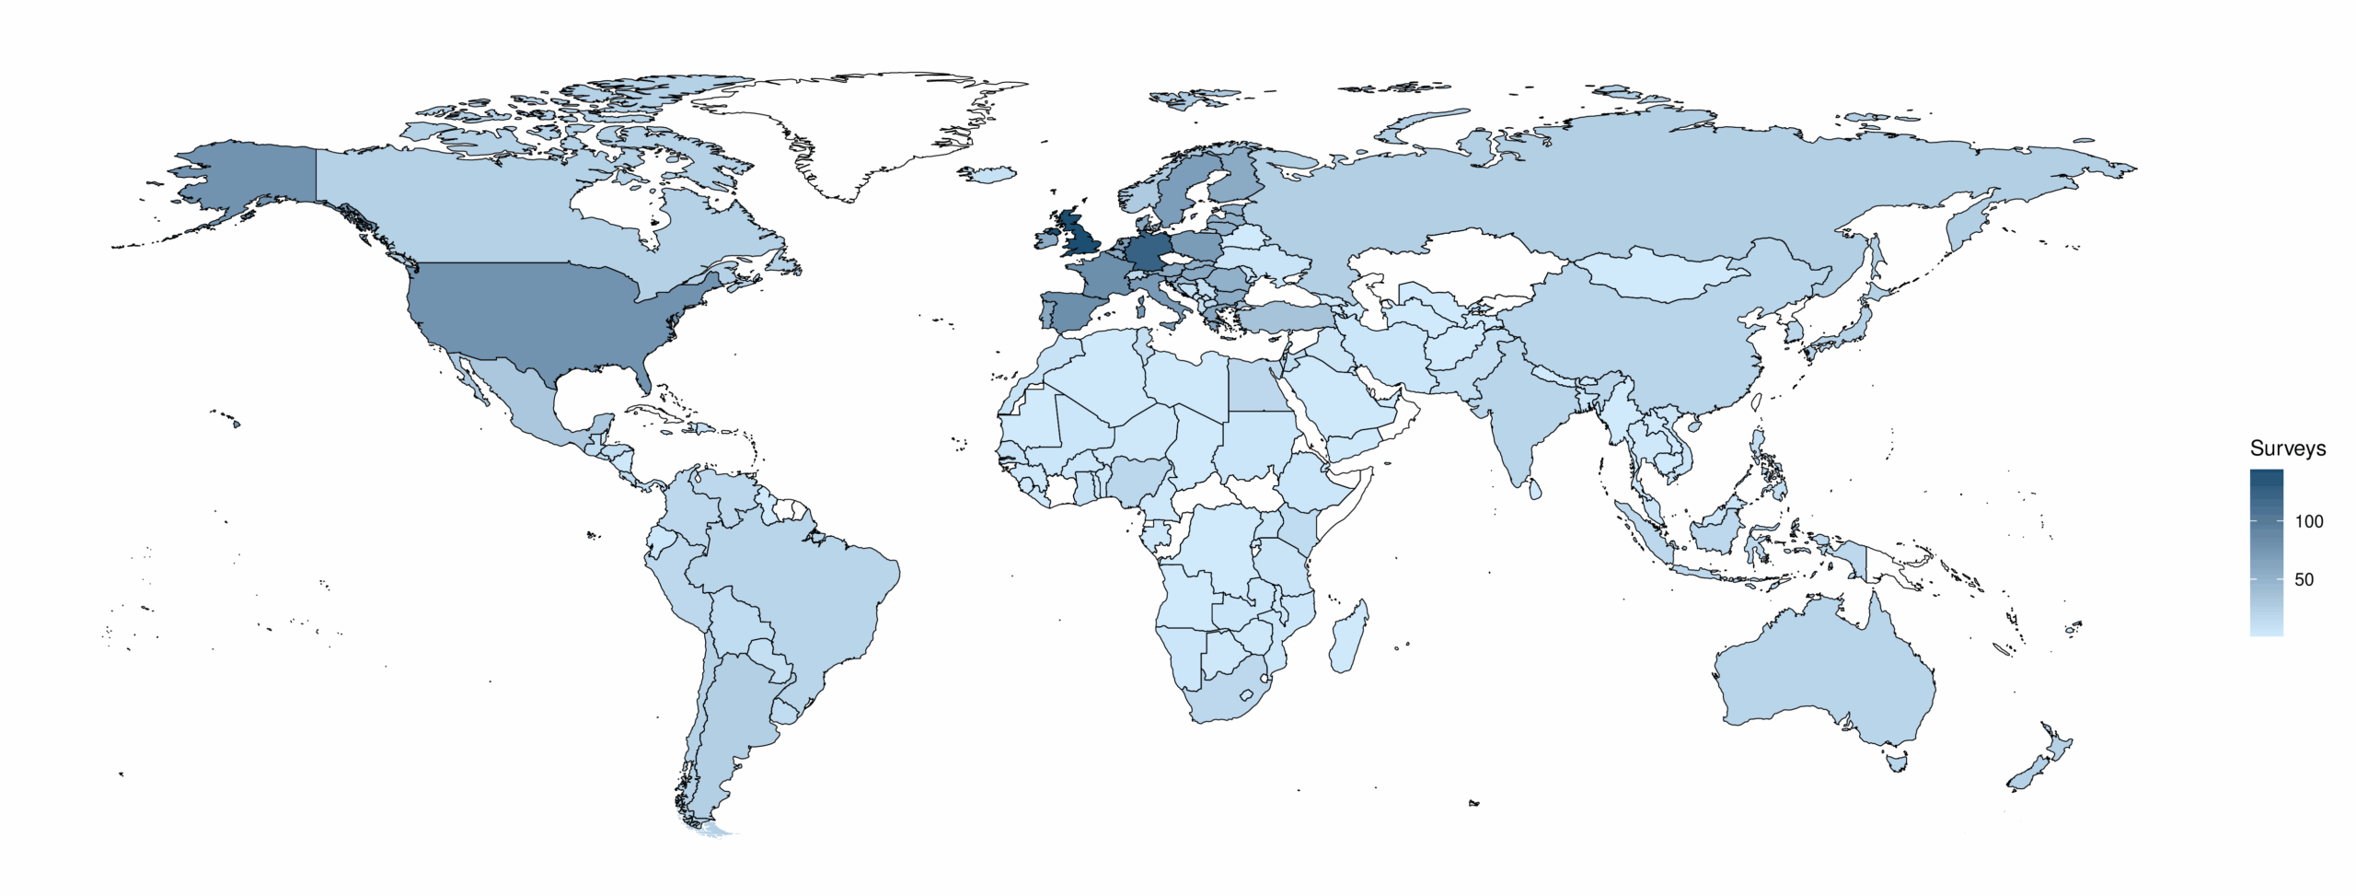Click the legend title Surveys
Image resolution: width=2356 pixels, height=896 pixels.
coord(2287,448)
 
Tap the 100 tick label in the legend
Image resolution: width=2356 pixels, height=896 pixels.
coord(2309,521)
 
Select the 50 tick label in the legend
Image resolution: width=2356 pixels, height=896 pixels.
coord(2304,579)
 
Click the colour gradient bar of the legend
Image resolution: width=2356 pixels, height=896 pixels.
coord(2266,553)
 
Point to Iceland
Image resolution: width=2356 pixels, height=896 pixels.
coord(987,174)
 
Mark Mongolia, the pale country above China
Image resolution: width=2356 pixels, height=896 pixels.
coord(1657,274)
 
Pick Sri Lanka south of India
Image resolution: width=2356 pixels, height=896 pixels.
coord(1534,488)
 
